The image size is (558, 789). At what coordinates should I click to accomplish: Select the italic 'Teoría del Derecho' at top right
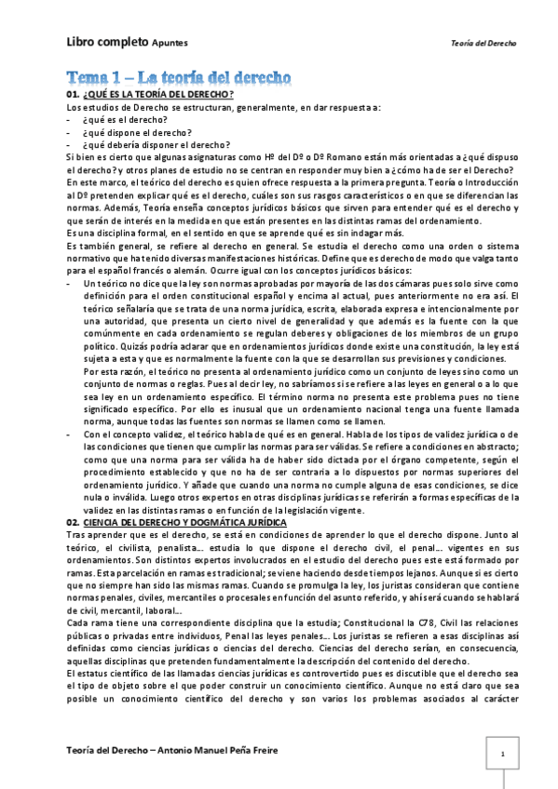pos(483,44)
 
